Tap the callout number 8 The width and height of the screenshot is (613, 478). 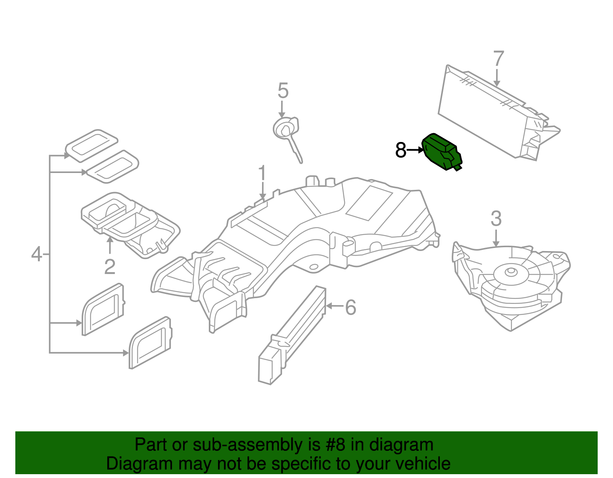(400, 150)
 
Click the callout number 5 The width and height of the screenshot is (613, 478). (283, 91)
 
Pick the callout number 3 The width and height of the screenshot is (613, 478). (496, 219)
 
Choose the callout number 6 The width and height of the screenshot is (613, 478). (351, 307)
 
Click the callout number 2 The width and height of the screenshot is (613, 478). (110, 267)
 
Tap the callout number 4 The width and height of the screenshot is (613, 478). (36, 254)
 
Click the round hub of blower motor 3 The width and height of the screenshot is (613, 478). (510, 272)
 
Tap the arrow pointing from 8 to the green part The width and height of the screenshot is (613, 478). (415, 150)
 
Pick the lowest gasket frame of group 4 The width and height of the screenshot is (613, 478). (150, 343)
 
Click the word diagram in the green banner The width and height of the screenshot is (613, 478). (401, 445)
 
